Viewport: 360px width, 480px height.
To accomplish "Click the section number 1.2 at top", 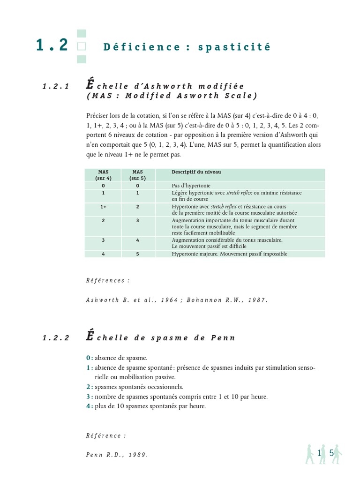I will click(x=52, y=45).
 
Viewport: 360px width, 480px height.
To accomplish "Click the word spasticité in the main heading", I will click(x=242, y=47).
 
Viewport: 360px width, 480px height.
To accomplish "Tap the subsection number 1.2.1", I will click(x=55, y=86).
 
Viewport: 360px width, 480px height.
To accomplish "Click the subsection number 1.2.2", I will click(x=55, y=338).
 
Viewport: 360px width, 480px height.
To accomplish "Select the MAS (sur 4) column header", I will click(x=103, y=175).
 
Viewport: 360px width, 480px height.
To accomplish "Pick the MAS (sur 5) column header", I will click(x=137, y=175).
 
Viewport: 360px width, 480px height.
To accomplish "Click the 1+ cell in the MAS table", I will click(x=103, y=206).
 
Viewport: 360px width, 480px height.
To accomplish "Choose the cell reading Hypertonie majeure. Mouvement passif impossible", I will click(x=229, y=254).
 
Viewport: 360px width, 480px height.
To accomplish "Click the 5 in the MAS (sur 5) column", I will click(x=137, y=254).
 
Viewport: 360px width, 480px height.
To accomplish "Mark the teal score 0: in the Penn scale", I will click(x=90, y=358).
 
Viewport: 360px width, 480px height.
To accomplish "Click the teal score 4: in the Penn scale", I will click(x=90, y=406).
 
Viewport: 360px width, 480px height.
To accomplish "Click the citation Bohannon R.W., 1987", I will click(x=226, y=300).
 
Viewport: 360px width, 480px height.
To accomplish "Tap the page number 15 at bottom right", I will click(x=325, y=453).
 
